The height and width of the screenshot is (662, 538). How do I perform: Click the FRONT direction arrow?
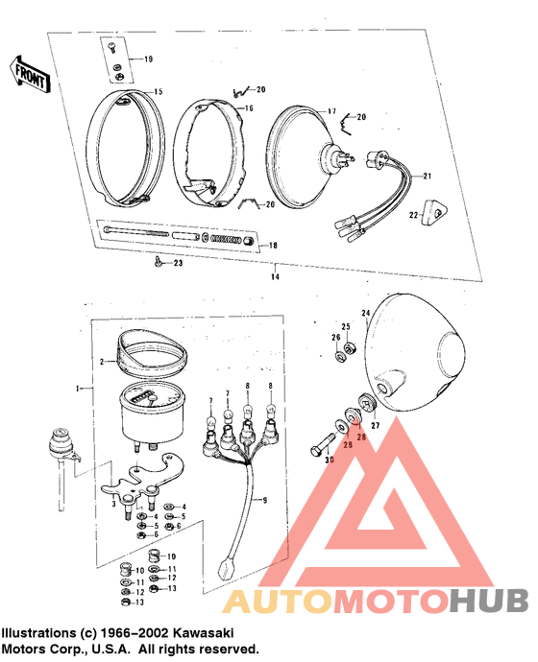(x=29, y=73)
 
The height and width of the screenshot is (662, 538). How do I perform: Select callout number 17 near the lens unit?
(x=331, y=110)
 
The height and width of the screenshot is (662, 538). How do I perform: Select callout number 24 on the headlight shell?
(x=365, y=313)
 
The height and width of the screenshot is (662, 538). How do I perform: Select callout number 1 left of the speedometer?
(x=81, y=389)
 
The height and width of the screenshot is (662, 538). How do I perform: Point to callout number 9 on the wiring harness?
(x=265, y=500)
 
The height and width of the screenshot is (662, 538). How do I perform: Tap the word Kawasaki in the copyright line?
(x=197, y=634)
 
